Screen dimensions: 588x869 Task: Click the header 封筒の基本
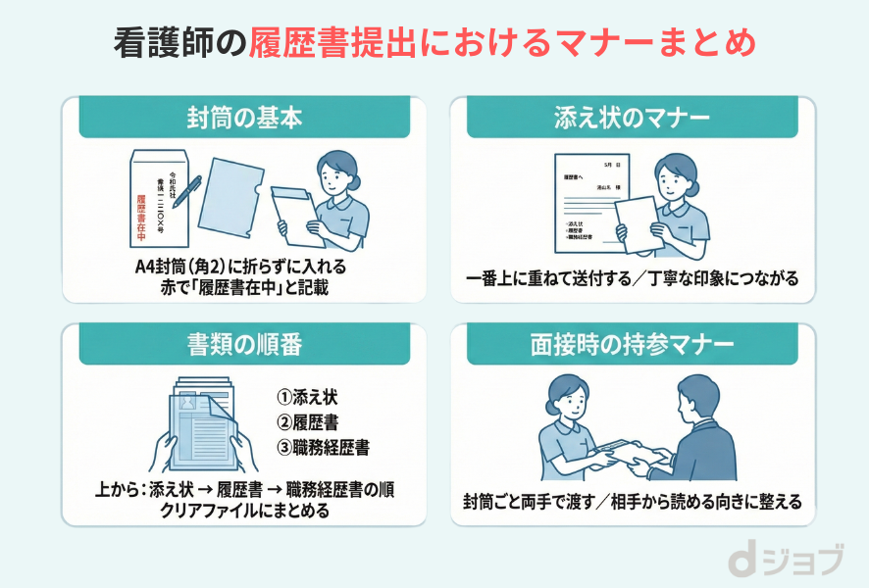click(244, 118)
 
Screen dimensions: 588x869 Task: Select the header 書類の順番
click(244, 345)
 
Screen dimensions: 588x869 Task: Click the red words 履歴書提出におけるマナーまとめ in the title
click(502, 43)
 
